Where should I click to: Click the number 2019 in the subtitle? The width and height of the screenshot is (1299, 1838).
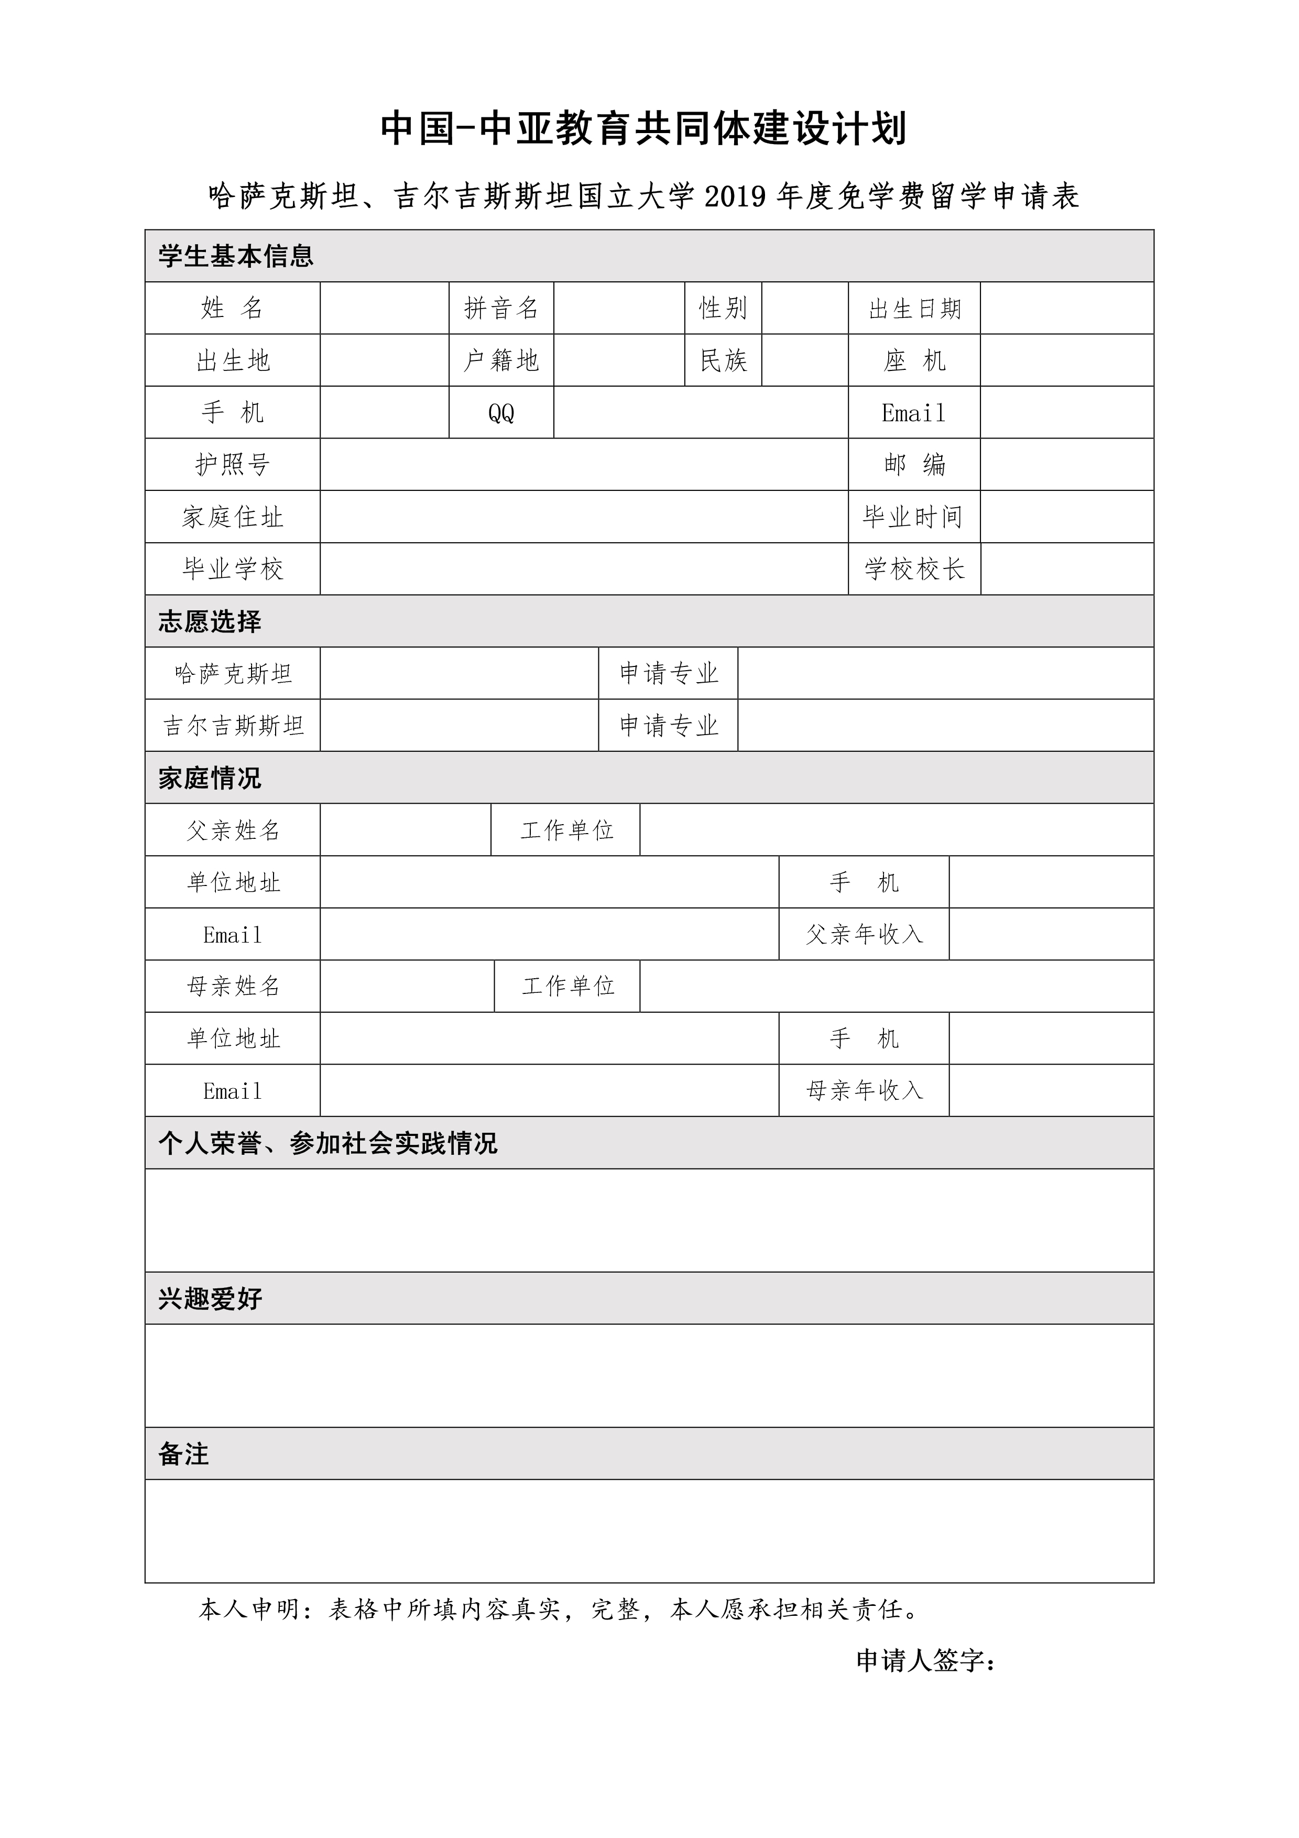tap(735, 196)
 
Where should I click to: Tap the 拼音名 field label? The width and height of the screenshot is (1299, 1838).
tap(501, 308)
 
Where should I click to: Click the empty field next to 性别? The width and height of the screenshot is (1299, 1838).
tap(804, 308)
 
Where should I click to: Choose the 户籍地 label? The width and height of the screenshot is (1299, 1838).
tap(501, 360)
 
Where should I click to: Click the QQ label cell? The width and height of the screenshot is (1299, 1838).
tap(501, 413)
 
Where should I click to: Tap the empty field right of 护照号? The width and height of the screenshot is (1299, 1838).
tap(583, 464)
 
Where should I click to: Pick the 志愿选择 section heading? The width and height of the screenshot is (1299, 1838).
tap(210, 621)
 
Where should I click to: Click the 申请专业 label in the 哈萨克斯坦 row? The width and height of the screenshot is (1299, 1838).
tap(668, 673)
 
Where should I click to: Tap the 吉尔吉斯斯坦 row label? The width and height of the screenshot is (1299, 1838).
tap(233, 725)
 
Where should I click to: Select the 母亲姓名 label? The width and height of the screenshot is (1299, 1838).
tap(233, 986)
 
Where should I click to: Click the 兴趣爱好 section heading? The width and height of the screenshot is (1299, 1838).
tap(210, 1298)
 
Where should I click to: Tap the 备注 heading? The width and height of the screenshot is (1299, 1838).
tap(183, 1454)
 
